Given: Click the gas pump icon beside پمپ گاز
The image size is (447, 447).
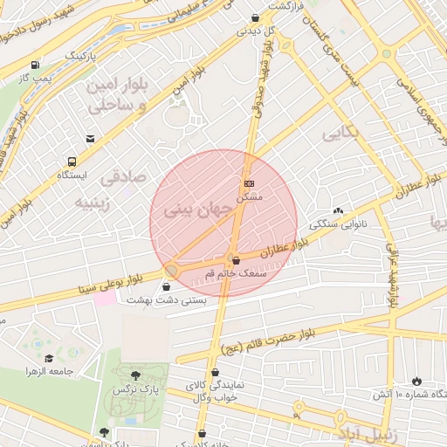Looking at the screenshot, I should click(34, 65).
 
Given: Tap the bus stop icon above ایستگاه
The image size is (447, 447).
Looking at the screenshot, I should click(72, 162).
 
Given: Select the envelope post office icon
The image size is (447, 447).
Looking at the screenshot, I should click(91, 139).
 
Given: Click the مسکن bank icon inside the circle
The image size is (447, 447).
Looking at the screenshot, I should click(250, 183).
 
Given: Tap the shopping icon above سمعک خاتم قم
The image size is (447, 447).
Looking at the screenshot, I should click(235, 258).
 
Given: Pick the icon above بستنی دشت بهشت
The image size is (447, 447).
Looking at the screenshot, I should click(167, 285).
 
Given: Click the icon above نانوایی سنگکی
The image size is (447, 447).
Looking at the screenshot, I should click(338, 210).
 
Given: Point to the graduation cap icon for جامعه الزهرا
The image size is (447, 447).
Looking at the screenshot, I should click(49, 358).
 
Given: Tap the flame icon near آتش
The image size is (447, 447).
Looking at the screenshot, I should click(416, 382).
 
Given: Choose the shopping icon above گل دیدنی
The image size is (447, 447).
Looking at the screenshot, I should click(254, 17).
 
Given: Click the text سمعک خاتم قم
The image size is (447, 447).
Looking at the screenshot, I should click(233, 274).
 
